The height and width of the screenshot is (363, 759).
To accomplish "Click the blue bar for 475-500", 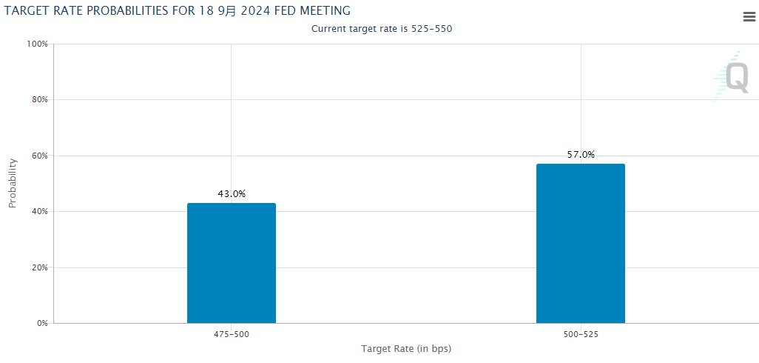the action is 232,263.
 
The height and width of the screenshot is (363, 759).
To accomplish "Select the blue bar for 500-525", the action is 581,243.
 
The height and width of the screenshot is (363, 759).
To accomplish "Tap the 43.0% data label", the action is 232,194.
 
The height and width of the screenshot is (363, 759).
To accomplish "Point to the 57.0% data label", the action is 581,155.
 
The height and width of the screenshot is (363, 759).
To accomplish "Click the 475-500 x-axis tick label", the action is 232,334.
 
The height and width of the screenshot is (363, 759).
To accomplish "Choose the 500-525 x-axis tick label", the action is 581,334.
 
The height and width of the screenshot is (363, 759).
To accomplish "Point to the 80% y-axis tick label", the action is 40,100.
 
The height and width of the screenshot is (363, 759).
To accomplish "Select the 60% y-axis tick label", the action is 40,156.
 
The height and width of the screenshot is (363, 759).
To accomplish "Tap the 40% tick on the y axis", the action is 40,211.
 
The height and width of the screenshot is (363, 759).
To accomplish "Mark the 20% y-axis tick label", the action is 40,267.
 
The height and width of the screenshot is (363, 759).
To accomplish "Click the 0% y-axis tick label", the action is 42,323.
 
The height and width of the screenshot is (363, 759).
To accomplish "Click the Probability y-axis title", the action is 13,183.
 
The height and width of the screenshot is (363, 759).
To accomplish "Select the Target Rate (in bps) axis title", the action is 406,348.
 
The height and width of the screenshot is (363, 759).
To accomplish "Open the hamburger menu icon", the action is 749,17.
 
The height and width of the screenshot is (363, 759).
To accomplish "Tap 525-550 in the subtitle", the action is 431,29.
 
